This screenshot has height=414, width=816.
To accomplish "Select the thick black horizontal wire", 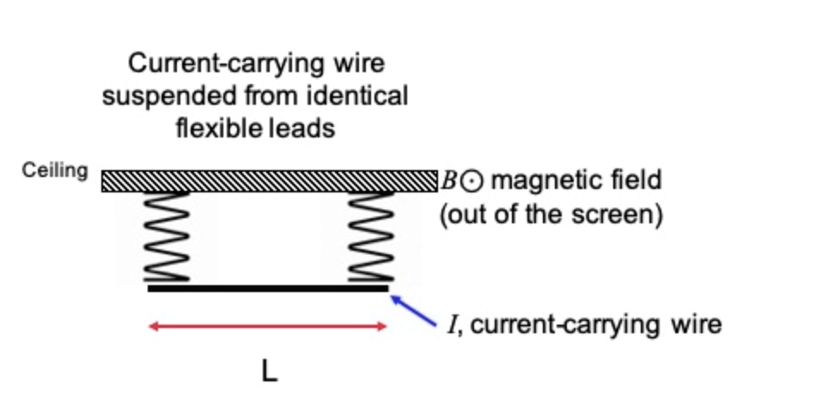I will [268, 289].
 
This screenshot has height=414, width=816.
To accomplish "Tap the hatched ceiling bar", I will [269, 180].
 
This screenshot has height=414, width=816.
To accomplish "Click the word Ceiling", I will [55, 170].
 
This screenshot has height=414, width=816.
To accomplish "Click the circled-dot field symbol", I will [474, 181].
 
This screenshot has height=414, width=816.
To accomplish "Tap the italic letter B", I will [452, 181].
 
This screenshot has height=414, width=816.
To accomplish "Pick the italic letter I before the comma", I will [451, 325].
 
